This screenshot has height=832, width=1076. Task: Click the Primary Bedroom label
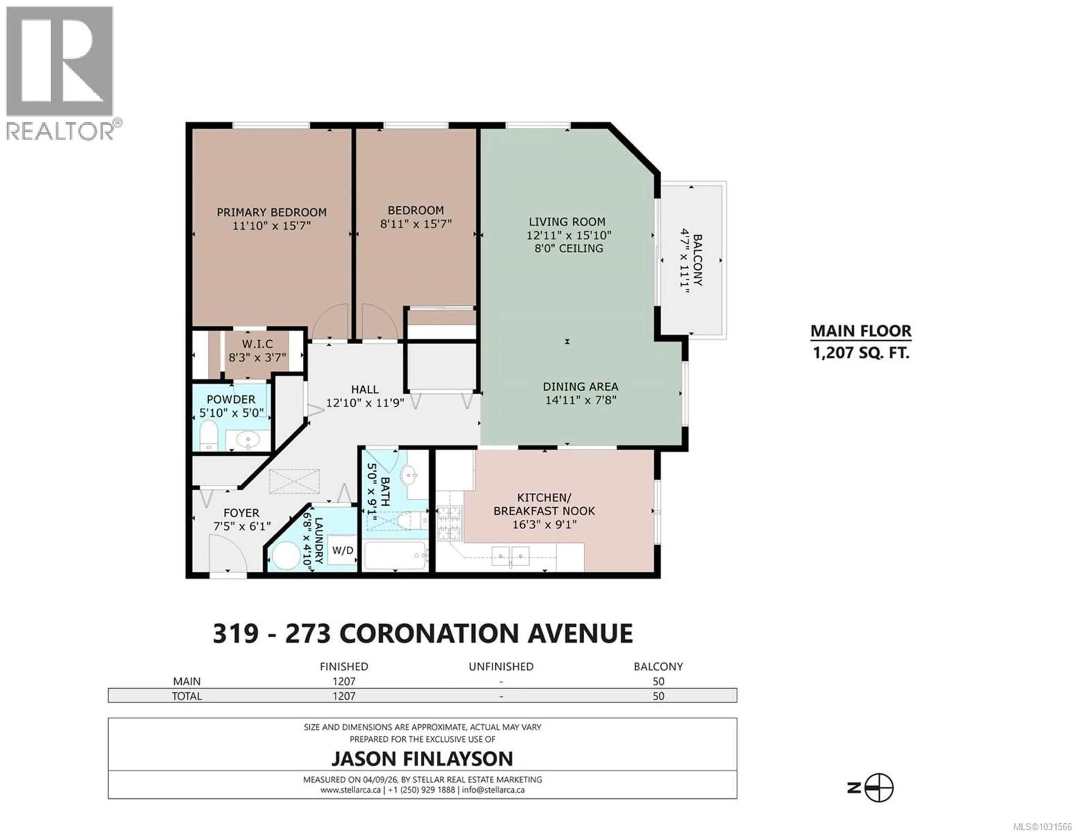272,212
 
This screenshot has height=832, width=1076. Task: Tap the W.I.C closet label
257,344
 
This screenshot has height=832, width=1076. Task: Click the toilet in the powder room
209,434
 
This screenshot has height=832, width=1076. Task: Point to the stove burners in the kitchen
449,522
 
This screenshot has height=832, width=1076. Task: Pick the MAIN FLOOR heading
861,331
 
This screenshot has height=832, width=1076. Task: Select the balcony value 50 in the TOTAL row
658,696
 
